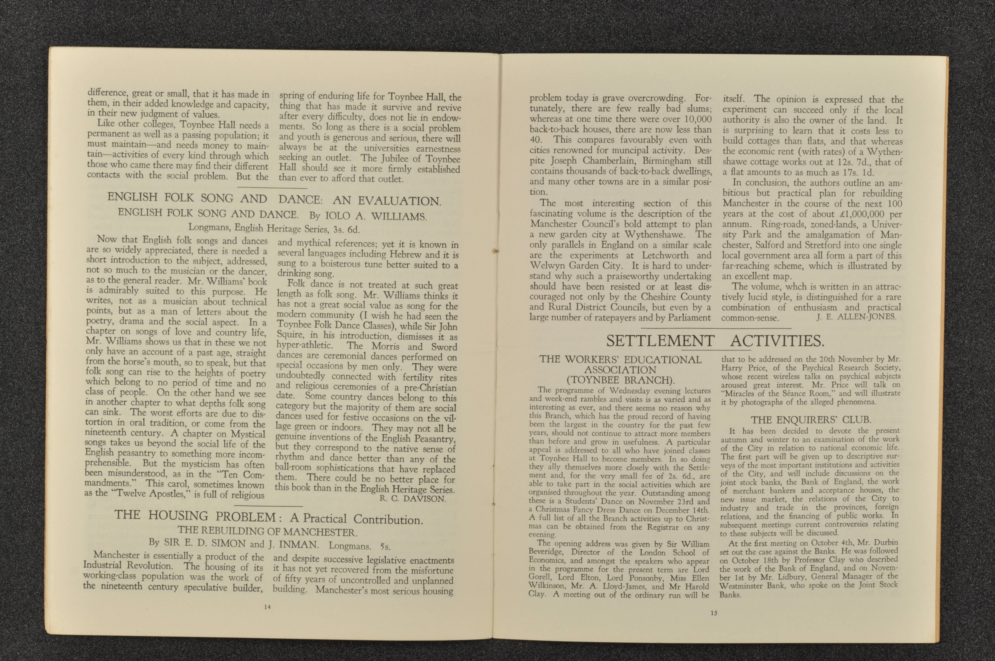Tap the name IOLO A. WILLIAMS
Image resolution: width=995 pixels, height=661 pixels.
376,217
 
